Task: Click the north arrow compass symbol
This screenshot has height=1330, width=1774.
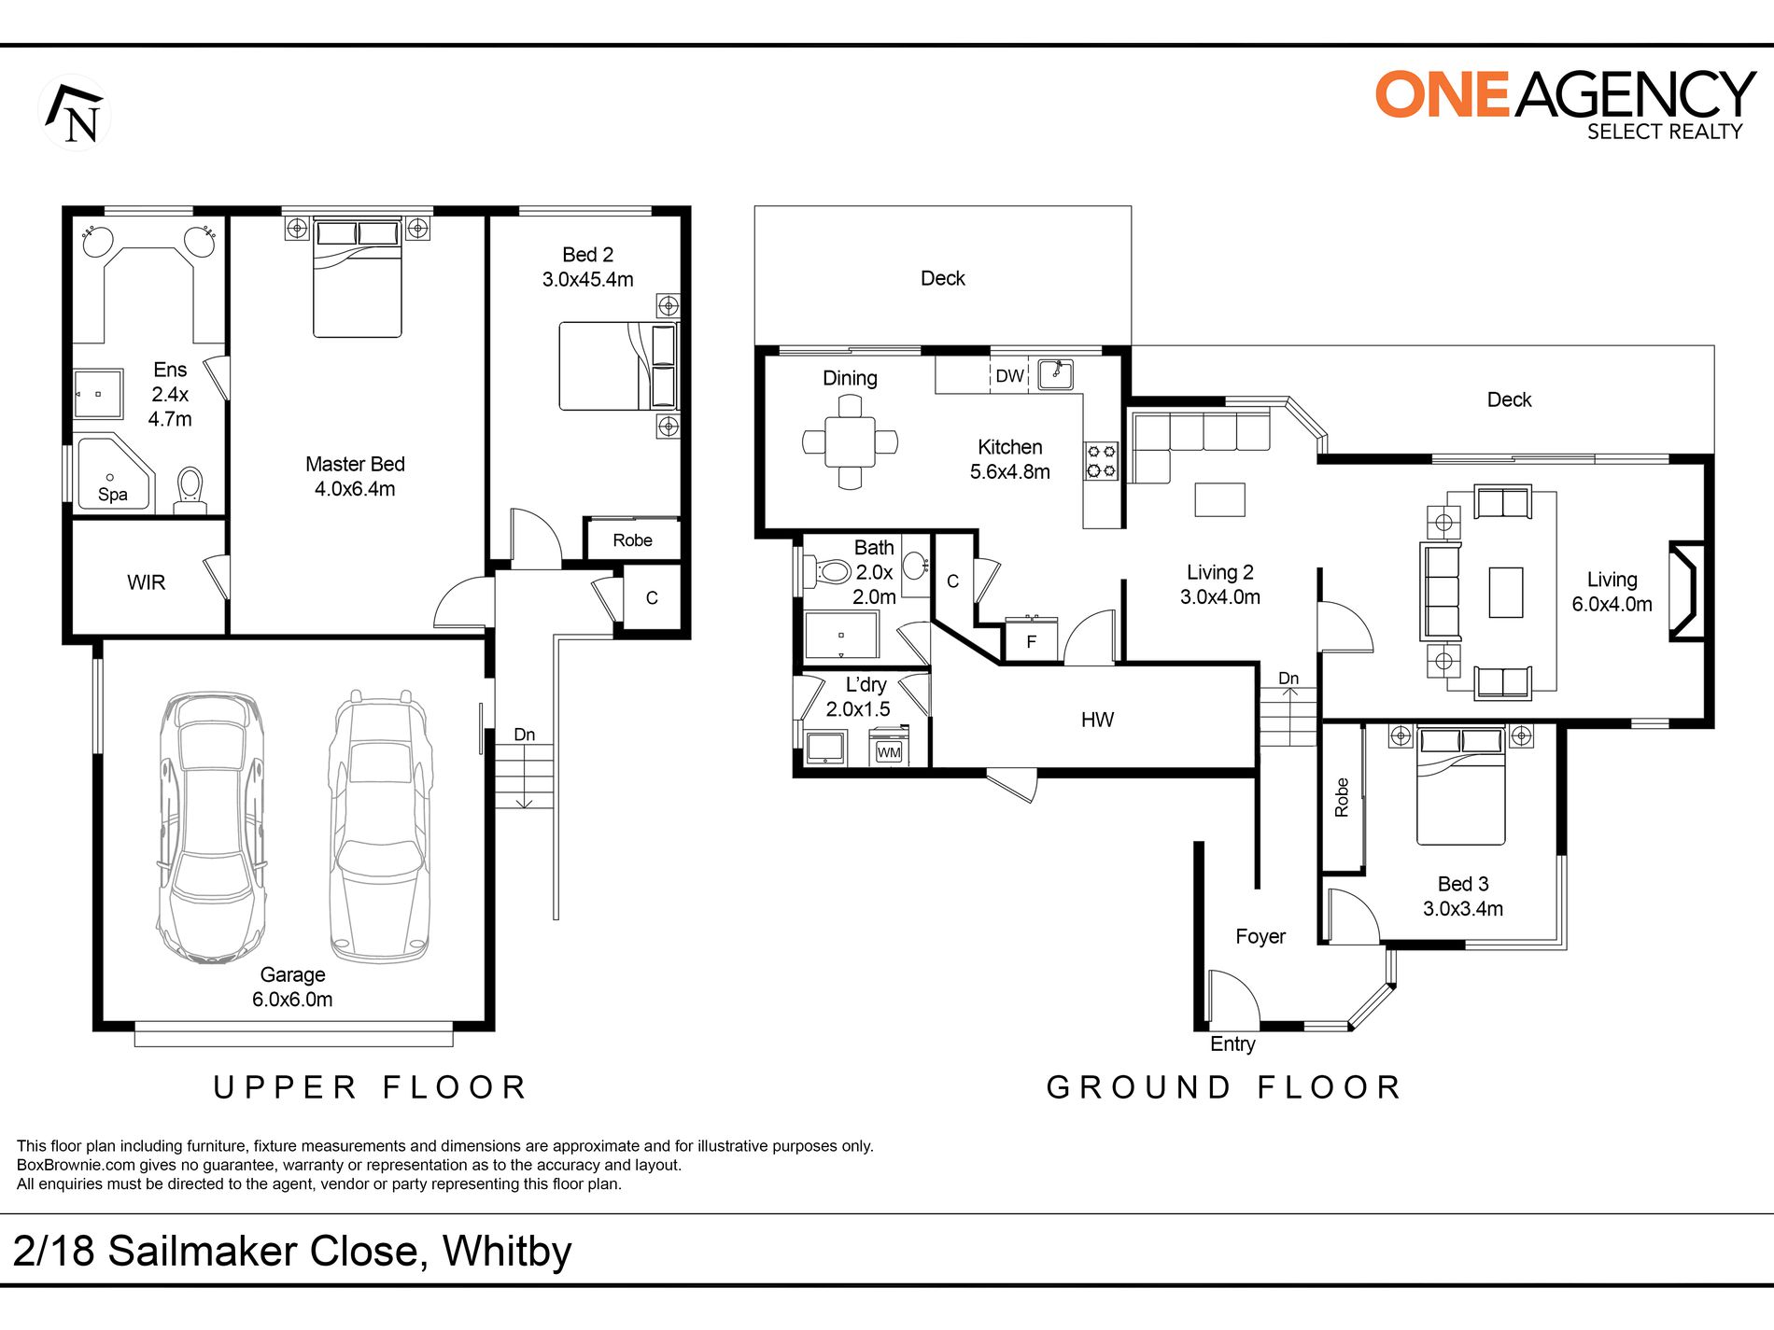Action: (x=75, y=113)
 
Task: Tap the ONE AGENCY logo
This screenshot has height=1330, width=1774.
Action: (x=1565, y=105)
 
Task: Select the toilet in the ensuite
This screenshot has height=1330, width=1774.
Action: (x=190, y=490)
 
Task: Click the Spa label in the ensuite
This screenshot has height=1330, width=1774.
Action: (x=113, y=495)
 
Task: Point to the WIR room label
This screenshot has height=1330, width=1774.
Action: (x=146, y=582)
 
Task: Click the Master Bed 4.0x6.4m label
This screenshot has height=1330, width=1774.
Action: (x=355, y=476)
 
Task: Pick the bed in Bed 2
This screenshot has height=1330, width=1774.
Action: (x=618, y=366)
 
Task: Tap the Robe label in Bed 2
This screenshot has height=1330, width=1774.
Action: (x=632, y=540)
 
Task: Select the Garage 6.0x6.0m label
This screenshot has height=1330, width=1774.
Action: (x=292, y=987)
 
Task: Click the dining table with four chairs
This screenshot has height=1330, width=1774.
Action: (x=850, y=441)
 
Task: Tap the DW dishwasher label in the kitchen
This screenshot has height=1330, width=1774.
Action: (x=1009, y=376)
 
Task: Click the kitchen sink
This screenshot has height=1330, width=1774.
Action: (x=1055, y=374)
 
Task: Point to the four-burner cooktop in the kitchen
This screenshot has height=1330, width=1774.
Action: (x=1102, y=461)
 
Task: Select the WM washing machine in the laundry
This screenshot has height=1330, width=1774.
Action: (x=888, y=749)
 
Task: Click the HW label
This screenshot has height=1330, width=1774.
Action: (x=1097, y=720)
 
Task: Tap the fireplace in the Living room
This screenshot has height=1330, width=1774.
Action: (x=1687, y=591)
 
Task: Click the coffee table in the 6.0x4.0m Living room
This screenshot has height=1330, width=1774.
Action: (x=1506, y=593)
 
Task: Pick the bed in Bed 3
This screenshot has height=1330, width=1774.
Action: (x=1460, y=785)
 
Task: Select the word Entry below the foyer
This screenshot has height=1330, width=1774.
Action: (x=1232, y=1044)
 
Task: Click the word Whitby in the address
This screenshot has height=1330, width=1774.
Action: (x=507, y=1253)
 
